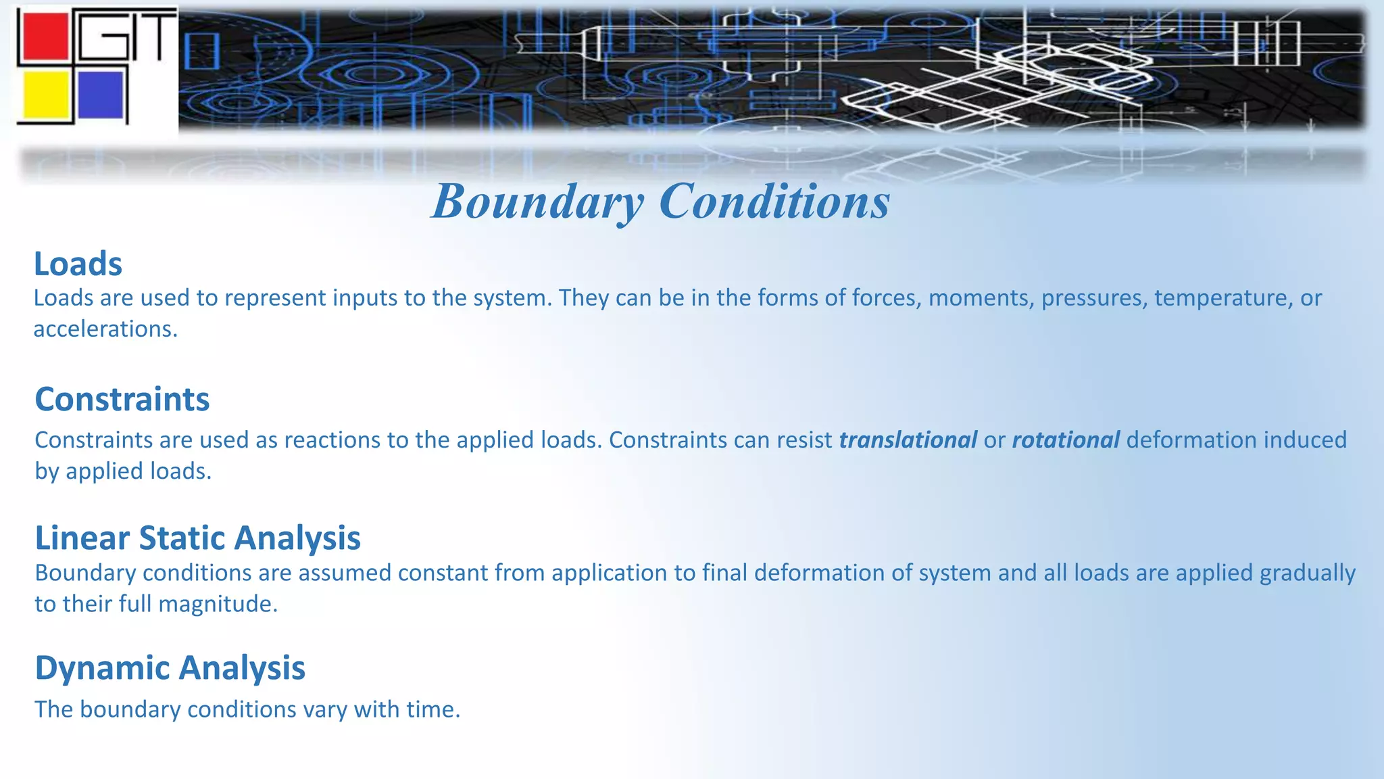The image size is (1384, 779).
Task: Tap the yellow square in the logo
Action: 45,95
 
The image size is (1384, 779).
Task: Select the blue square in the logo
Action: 101,95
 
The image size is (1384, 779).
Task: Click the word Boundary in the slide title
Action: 538,202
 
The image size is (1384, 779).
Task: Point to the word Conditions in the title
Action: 774,202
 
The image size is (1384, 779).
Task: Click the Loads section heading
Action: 78,264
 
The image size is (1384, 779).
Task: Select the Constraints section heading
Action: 122,399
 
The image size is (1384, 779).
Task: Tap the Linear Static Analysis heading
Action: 197,538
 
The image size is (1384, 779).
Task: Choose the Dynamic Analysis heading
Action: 170,668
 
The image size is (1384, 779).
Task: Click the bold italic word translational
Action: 908,440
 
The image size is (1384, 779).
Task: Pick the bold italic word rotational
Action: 1066,440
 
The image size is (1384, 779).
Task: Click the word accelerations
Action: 105,329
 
